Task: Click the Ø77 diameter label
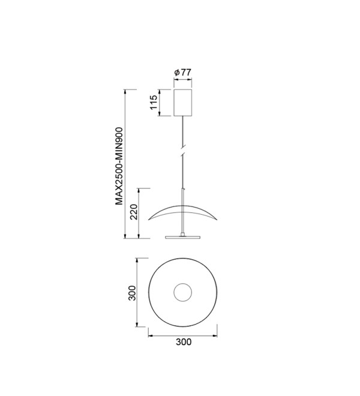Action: pyautogui.click(x=182, y=73)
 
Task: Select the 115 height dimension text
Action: pyautogui.click(x=154, y=102)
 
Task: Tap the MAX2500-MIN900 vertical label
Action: pyautogui.click(x=119, y=166)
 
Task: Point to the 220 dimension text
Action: pyautogui.click(x=134, y=212)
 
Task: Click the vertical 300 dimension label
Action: pyautogui.click(x=132, y=293)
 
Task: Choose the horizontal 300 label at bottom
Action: pyautogui.click(x=184, y=342)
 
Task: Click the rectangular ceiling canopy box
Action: pyautogui.click(x=182, y=103)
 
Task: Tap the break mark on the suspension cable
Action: pyautogui.click(x=183, y=150)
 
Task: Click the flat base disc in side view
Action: pyautogui.click(x=182, y=237)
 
